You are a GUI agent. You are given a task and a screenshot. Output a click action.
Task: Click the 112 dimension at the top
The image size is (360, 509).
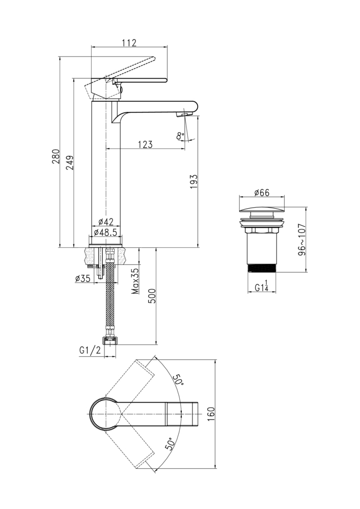[130, 43]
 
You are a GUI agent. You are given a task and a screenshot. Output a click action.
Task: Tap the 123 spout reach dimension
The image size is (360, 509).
[145, 145]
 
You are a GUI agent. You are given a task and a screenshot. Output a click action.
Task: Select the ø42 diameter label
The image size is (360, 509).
[105, 222]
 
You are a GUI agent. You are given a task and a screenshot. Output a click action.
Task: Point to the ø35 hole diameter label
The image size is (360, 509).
[82, 278]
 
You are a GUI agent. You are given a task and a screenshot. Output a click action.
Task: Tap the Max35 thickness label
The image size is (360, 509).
[135, 281]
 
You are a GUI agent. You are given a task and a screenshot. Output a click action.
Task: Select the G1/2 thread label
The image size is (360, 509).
[90, 351]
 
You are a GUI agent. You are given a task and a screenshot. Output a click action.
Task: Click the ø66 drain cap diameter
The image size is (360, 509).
[261, 193]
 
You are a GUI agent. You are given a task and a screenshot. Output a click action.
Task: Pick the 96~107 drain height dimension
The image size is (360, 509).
[302, 239]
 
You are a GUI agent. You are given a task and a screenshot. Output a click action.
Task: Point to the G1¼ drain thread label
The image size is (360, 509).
[261, 288]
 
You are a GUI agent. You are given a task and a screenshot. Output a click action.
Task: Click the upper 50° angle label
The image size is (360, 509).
[178, 380]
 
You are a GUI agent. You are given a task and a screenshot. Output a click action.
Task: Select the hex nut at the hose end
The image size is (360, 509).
[109, 340]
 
